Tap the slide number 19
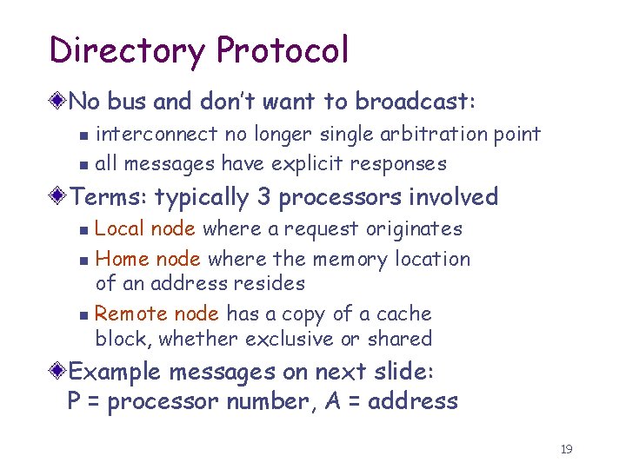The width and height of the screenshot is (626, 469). click(567, 449)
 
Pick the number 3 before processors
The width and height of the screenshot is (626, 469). click(263, 197)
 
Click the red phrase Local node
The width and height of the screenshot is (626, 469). click(145, 229)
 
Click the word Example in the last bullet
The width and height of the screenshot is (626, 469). click(115, 372)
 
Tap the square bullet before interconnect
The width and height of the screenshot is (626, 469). click(83, 135)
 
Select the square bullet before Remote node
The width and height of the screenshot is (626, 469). click(83, 315)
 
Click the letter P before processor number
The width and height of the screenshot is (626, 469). click(75, 401)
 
